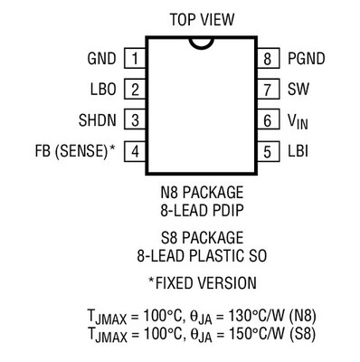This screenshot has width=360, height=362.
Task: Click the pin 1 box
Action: point(135,60)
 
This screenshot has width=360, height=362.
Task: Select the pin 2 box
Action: point(135,90)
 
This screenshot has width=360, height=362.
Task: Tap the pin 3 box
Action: point(135,119)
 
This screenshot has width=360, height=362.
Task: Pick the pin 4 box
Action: point(135,150)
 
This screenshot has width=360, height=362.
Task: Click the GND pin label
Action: point(100,60)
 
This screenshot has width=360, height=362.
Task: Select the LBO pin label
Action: point(102,90)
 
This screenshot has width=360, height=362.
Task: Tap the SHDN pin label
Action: point(96,119)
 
